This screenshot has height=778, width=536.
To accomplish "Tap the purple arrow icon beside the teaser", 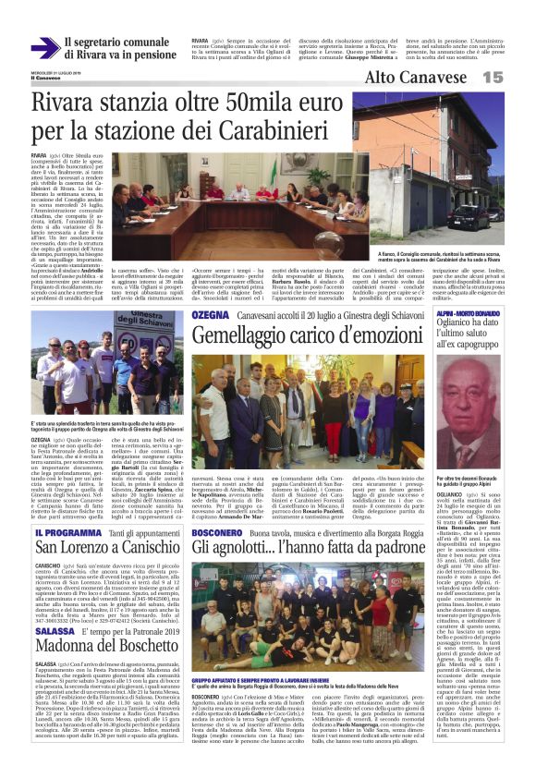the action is (43, 48).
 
